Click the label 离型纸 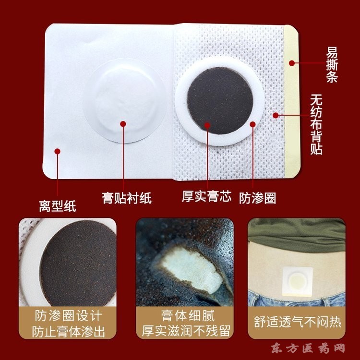58,206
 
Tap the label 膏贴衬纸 127,198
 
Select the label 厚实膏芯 206,196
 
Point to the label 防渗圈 257,198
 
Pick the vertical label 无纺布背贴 316,124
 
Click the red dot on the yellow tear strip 292,63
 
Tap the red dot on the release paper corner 58,151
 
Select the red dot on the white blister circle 123,124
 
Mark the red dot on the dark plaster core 207,125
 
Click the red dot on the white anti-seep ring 253,124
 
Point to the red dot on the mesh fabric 276,115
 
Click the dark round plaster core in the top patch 220,101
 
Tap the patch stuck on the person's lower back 297,282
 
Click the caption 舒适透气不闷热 297,322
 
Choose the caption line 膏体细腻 188,316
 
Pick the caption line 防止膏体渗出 68,331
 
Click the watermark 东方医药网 308,348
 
